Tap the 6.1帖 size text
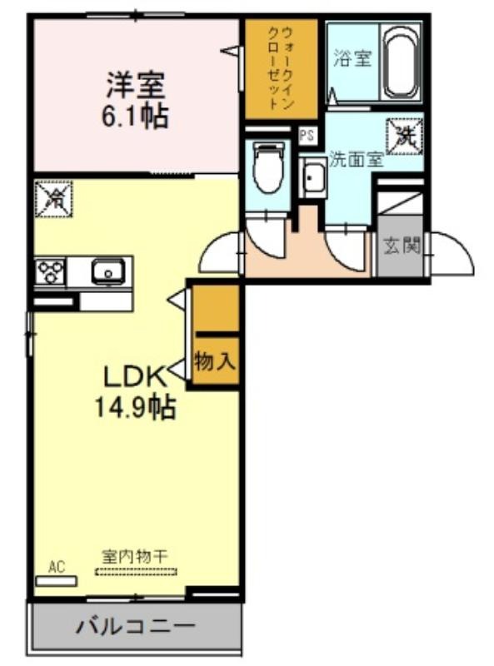click(x=135, y=116)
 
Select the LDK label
click(x=135, y=377)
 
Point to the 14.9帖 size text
click(x=135, y=406)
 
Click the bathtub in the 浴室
click(x=401, y=63)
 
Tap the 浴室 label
click(x=352, y=58)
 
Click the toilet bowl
click(x=268, y=167)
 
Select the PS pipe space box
click(x=307, y=136)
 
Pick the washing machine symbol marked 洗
click(x=405, y=137)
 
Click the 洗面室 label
click(x=357, y=159)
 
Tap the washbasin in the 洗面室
click(x=313, y=176)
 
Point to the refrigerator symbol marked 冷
click(x=53, y=199)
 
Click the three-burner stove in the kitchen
click(x=51, y=271)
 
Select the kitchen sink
click(x=108, y=271)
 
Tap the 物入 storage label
click(x=215, y=361)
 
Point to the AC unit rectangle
click(x=56, y=581)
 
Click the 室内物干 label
click(x=135, y=556)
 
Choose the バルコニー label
click(x=135, y=626)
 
